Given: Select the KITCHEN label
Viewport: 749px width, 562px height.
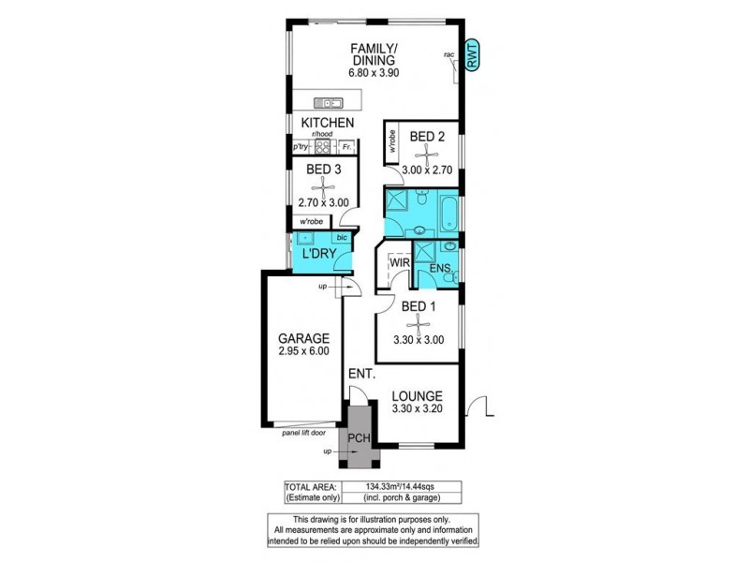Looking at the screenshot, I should coord(327,123).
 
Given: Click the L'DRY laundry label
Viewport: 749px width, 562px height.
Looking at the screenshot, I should coord(316,255).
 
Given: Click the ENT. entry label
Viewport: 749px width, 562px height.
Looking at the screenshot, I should coord(361,375).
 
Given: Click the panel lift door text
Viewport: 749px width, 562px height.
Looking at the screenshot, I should coord(308,433).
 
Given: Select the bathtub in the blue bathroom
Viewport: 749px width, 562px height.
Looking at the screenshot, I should coord(448,212).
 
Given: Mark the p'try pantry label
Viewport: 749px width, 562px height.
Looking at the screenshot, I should coord(301,148).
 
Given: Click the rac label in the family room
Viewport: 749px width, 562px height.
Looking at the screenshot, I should coord(448,55).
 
